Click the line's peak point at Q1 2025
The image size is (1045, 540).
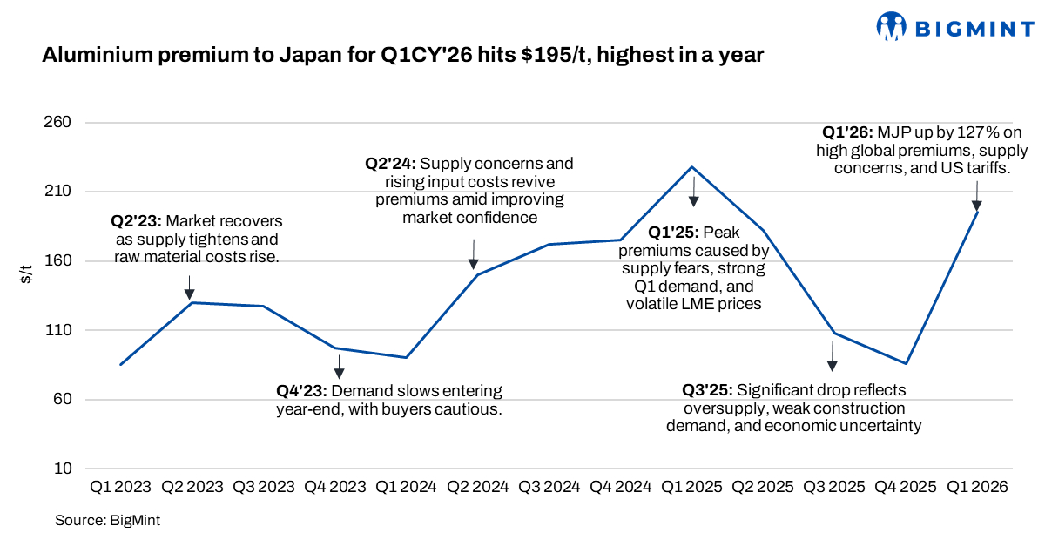tap(692, 166)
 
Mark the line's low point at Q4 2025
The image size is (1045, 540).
tap(907, 364)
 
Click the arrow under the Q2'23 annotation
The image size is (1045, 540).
tap(189, 287)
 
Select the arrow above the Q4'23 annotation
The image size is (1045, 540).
tap(339, 367)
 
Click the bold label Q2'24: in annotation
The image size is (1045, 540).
tap(390, 164)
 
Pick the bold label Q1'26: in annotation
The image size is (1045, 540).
tap(848, 132)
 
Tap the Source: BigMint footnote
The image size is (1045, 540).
tap(107, 521)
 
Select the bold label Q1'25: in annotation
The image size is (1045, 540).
tap(673, 233)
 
